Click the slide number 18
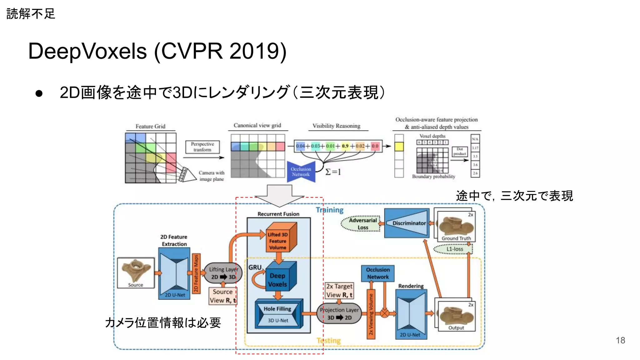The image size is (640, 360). [620, 340]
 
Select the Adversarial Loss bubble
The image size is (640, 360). [362, 224]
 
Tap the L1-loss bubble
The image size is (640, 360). [454, 249]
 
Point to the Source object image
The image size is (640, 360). [136, 272]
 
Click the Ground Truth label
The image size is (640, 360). [456, 238]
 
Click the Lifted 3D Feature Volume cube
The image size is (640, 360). [278, 240]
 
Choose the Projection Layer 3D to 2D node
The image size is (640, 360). [339, 313]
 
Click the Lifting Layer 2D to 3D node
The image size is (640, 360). [223, 273]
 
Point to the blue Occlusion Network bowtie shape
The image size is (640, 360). [301, 172]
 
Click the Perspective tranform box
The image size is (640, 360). [202, 147]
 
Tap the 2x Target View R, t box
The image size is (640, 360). [339, 290]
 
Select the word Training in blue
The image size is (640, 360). [330, 210]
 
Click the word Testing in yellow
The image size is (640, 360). [329, 340]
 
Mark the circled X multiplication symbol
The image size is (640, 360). [384, 313]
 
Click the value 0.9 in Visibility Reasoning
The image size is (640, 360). [345, 146]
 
